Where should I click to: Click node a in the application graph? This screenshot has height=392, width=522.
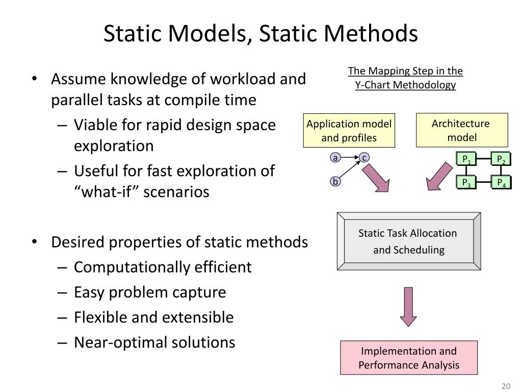coord(335,158)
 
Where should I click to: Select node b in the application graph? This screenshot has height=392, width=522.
coord(335,181)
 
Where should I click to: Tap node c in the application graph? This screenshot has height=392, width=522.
coord(364,158)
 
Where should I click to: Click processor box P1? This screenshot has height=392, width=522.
coord(466,159)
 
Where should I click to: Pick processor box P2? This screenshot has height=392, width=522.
coord(501,159)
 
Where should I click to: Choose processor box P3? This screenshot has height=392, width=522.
coord(466,182)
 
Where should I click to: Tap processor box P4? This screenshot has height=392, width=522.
coord(501,182)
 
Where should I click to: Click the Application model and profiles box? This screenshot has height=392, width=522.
coord(349,131)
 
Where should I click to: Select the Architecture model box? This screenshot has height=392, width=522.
coord(462,130)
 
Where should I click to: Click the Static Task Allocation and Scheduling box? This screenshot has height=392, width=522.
coord(408,241)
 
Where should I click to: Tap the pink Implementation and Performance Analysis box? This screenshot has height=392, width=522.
coord(408,358)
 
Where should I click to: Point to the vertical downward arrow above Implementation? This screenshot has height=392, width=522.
coord(408,306)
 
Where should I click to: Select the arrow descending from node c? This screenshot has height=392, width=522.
coord(376,177)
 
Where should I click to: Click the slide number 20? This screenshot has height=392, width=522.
coord(506,385)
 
